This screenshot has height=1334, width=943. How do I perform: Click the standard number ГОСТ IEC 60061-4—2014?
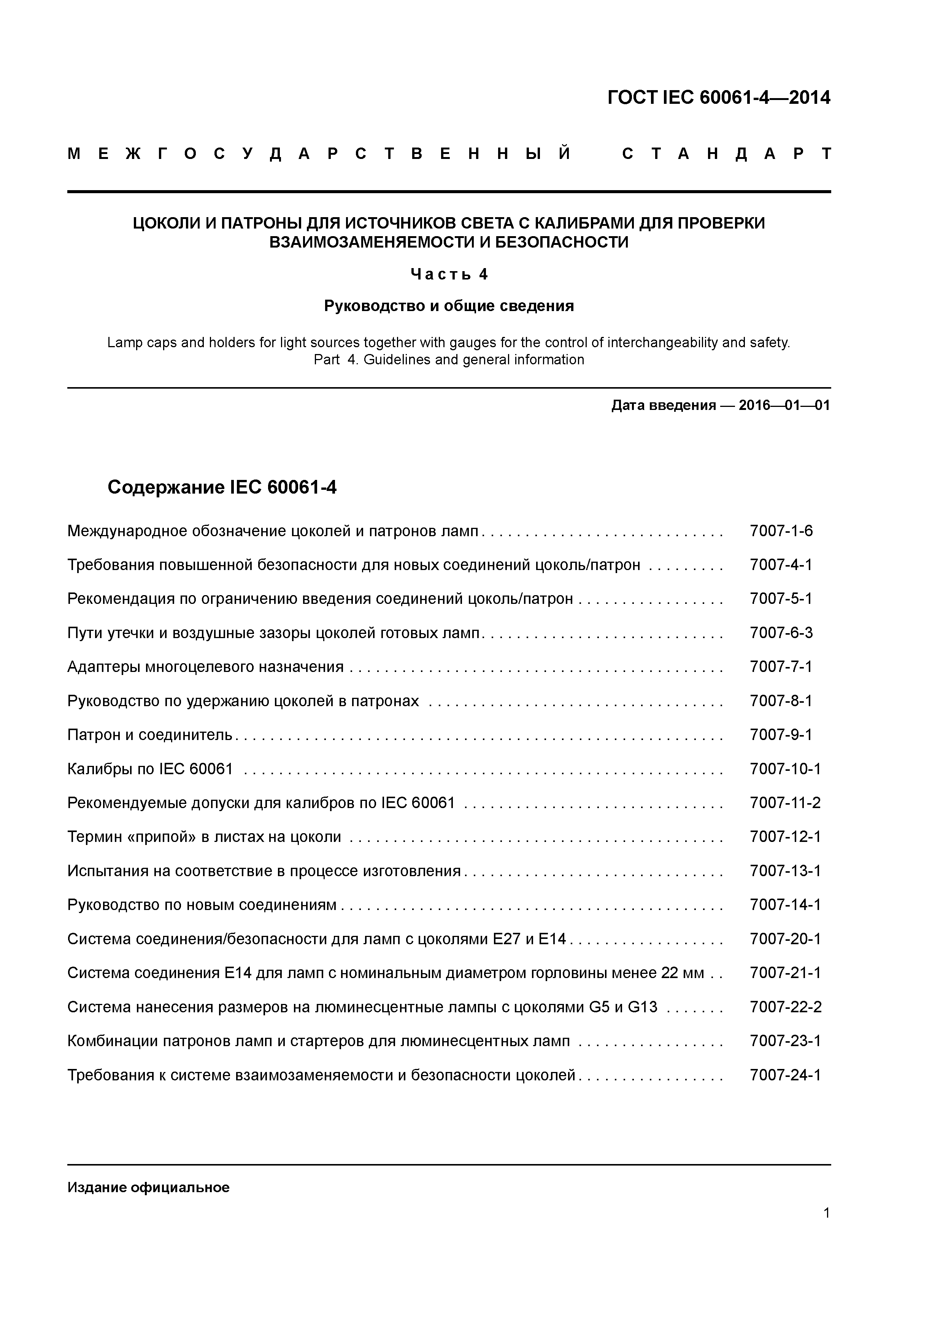[718, 98]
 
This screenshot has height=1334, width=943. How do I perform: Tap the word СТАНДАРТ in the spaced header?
[726, 154]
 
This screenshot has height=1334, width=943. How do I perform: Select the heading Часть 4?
[449, 274]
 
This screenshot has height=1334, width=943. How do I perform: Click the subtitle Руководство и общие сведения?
[449, 306]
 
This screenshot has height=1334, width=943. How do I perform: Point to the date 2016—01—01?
[784, 405]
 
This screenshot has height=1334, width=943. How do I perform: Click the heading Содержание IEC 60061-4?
[222, 487]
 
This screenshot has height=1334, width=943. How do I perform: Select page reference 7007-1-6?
[781, 530]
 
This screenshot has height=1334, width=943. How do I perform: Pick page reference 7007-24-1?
[785, 1075]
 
